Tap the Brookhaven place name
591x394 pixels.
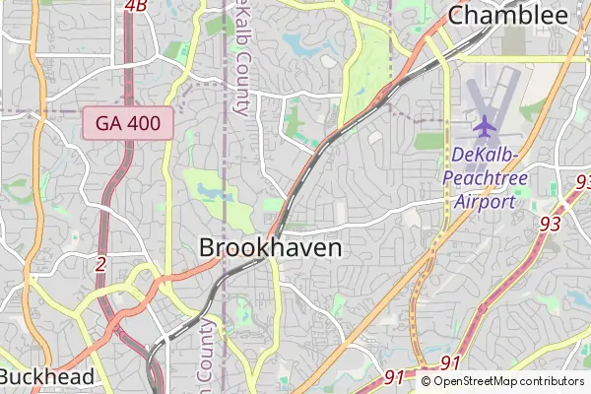pyautogui.click(x=271, y=248)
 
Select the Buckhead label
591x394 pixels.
pyautogui.click(x=47, y=376)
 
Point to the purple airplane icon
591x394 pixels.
pyautogui.click(x=485, y=126)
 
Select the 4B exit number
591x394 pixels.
pyautogui.click(x=136, y=6)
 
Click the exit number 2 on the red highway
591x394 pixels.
pyautogui.click(x=100, y=263)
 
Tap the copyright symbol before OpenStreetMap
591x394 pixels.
pyautogui.click(x=427, y=381)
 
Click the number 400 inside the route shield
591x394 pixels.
pyautogui.click(x=149, y=123)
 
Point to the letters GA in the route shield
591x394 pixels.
pyautogui.click(x=110, y=123)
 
